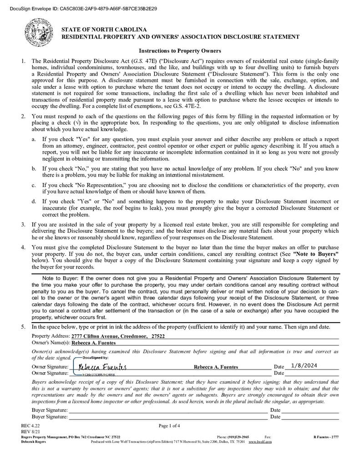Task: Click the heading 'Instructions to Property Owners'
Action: (180, 51)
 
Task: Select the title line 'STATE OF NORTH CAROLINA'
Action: (104, 30)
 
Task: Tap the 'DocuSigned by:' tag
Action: (96, 358)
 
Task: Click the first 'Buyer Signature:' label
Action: (50, 410)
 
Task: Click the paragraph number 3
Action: (23, 224)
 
